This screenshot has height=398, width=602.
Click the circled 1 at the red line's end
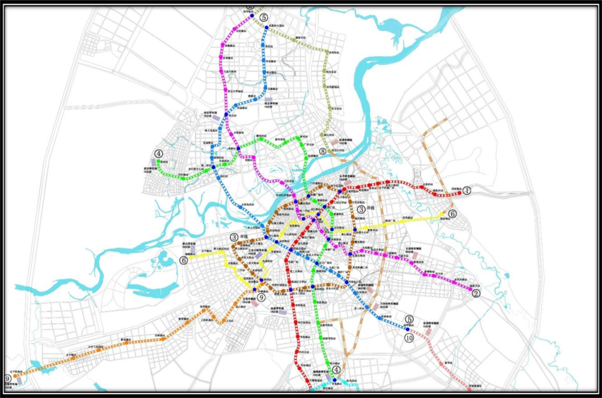[467, 190]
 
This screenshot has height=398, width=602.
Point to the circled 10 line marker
[410, 338]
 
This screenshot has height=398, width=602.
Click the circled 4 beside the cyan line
[336, 368]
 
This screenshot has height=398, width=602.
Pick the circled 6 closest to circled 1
[452, 213]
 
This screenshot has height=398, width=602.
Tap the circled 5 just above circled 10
[410, 318]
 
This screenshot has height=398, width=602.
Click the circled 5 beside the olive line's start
[263, 18]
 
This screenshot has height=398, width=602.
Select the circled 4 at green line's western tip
[159, 154]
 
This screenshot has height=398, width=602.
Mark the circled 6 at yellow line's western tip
[183, 260]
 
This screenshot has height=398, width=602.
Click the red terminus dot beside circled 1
[460, 193]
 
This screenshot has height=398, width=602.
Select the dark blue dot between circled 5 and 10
[408, 329]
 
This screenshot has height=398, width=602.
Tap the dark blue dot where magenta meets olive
[251, 16]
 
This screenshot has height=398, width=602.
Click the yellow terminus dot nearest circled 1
[444, 213]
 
